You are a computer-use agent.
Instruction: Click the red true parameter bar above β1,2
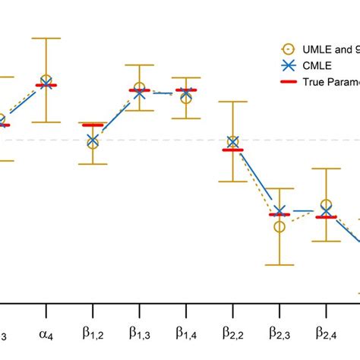[93, 125]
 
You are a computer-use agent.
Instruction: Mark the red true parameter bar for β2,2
[232, 150]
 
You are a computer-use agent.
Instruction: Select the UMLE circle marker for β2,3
[279, 226]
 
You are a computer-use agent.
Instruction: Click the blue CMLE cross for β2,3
[279, 211]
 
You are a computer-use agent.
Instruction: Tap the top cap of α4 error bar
[46, 38]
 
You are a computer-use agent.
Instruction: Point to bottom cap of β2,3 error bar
[279, 265]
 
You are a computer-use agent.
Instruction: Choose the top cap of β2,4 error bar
[326, 169]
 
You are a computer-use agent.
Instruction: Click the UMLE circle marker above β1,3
[140, 88]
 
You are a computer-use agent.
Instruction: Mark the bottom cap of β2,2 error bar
[232, 182]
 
